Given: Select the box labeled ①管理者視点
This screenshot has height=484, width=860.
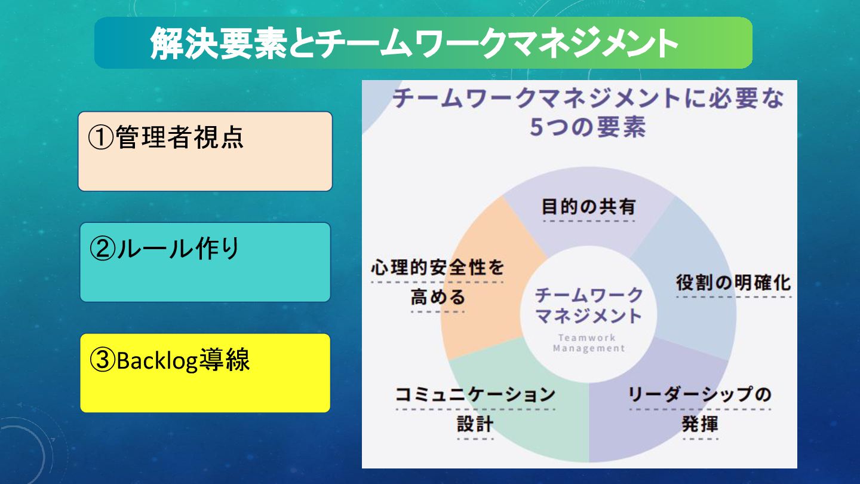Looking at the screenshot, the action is [205, 151].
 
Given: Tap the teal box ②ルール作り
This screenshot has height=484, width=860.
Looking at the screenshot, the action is [205, 262].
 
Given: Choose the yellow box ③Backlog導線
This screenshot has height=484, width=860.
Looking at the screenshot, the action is [205, 373].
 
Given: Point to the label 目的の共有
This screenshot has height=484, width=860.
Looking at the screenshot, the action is [588, 207].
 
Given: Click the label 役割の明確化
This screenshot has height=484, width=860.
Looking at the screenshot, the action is [733, 282].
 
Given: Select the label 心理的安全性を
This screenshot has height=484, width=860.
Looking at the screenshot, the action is [437, 268].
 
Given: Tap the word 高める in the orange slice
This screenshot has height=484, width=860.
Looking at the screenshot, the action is [437, 297].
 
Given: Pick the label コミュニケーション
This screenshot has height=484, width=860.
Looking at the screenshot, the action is [475, 395].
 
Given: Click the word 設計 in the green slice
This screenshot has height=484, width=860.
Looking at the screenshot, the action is [475, 424].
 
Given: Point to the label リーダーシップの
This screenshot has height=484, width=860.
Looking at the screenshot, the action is [699, 395].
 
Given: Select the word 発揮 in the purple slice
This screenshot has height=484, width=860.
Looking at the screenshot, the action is [699, 424].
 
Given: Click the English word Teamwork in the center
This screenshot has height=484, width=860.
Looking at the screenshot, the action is [588, 338].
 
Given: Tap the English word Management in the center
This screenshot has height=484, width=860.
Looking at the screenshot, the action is [588, 348].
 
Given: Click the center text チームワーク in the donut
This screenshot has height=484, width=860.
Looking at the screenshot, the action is [588, 295].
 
